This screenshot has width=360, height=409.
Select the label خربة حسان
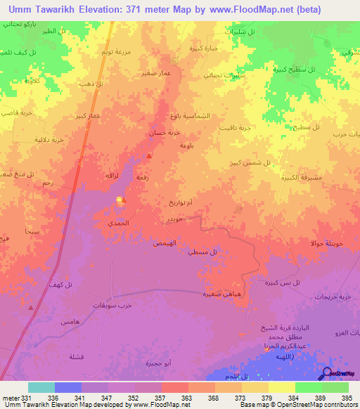click(168, 132)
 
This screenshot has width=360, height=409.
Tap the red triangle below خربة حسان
click(149, 156)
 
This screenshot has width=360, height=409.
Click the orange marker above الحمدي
click(121, 200)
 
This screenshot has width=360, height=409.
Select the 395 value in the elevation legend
click(347, 397)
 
